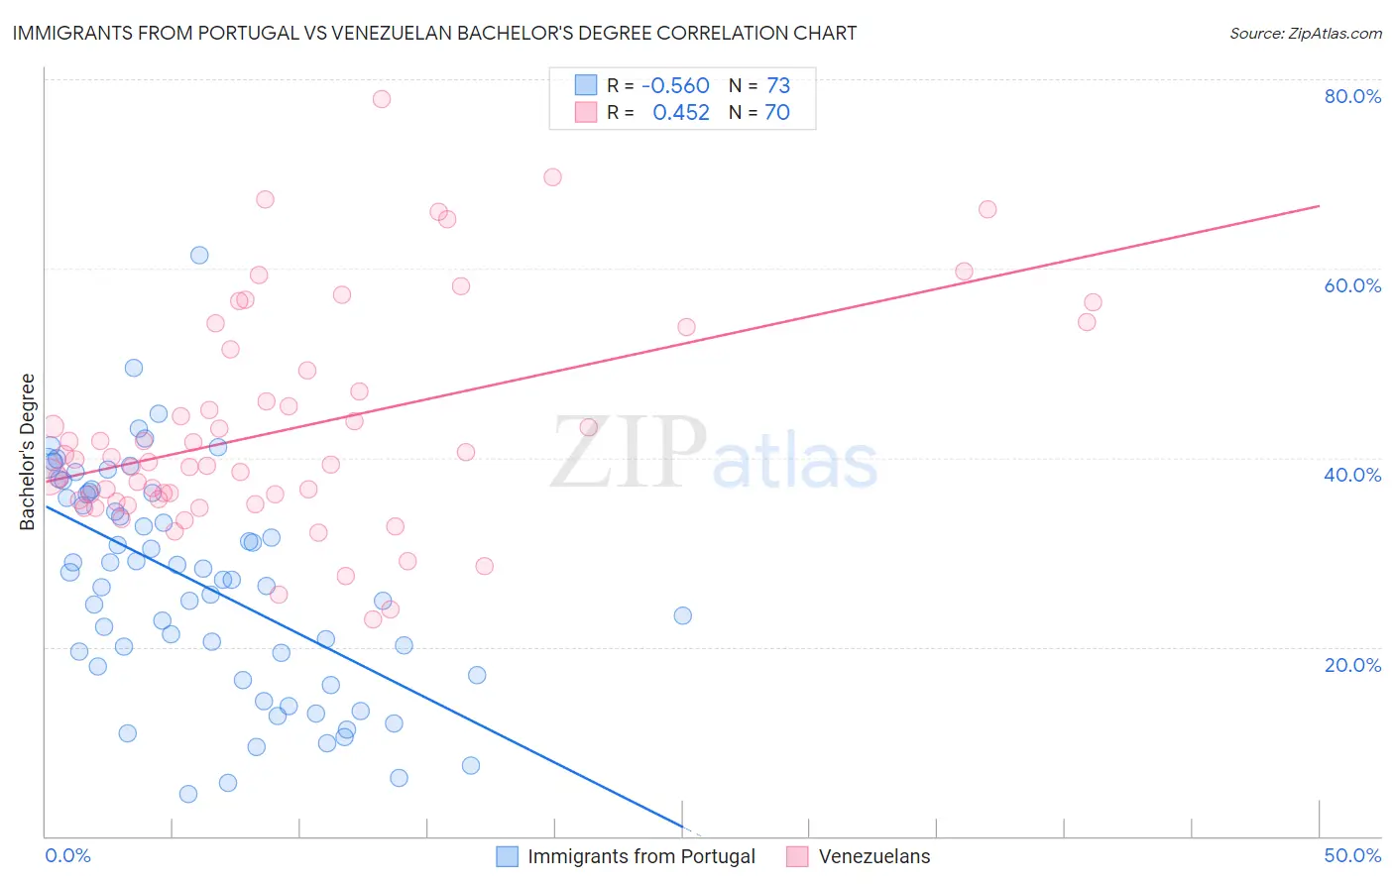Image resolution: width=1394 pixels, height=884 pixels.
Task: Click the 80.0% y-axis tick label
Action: pos(1352,96)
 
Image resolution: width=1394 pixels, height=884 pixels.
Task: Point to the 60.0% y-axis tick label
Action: pos(1352,285)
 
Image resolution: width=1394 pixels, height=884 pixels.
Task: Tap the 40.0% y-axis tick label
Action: pos(1352,475)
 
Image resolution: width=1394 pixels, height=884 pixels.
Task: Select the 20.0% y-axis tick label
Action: pos(1352,665)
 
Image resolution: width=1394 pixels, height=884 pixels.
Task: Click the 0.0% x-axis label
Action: pos(67,855)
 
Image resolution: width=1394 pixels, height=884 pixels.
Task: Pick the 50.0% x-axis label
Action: pos(1352,855)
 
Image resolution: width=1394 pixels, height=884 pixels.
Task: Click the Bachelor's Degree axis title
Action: pos(28,452)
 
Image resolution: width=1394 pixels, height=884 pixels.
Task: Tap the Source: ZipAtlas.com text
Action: pos(1305,33)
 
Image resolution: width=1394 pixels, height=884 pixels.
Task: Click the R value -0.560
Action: pos(675,85)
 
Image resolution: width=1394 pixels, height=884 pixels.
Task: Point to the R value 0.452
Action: pos(681,112)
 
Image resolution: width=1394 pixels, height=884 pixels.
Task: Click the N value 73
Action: pos(778,85)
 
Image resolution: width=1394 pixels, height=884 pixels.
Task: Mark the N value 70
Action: pos(777,112)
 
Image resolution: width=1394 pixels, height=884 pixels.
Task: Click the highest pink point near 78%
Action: pos(382,99)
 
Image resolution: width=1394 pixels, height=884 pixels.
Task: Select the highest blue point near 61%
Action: pos(199,255)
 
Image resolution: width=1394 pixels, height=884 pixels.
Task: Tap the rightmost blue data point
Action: pos(683,615)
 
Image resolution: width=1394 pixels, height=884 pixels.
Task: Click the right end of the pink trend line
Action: pos(1319,205)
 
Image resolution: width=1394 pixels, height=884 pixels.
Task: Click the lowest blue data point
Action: pos(188,794)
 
